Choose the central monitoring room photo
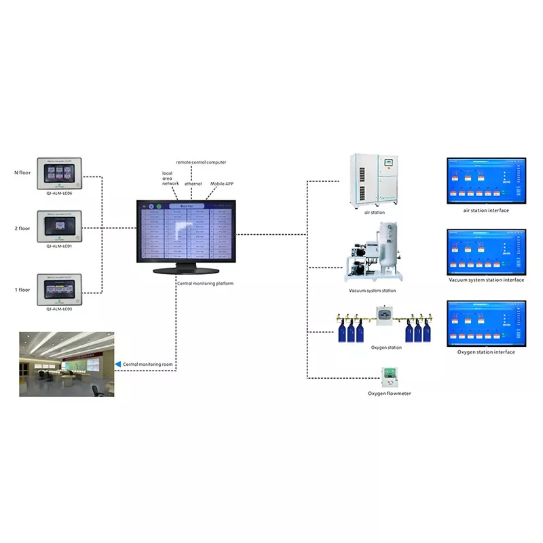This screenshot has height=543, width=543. pyautogui.click(x=66, y=364)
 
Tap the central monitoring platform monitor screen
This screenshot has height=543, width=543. pyautogui.click(x=186, y=231)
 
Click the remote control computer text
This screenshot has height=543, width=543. pyautogui.click(x=201, y=162)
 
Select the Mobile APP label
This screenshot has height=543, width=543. pyautogui.click(x=222, y=183)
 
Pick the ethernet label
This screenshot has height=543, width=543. pyautogui.click(x=193, y=183)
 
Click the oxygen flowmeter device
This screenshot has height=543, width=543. pyautogui.click(x=389, y=375)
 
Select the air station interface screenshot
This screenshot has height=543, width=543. pyautogui.click(x=485, y=181)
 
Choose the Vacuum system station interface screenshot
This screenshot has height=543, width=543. pyautogui.click(x=485, y=251)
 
